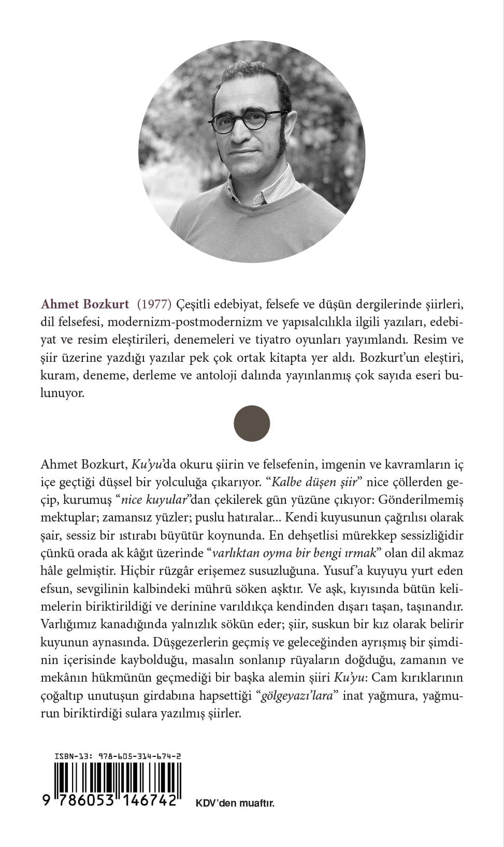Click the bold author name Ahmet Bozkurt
click(84, 303)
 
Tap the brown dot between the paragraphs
click(252, 423)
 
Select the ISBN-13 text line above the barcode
click(118, 757)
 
